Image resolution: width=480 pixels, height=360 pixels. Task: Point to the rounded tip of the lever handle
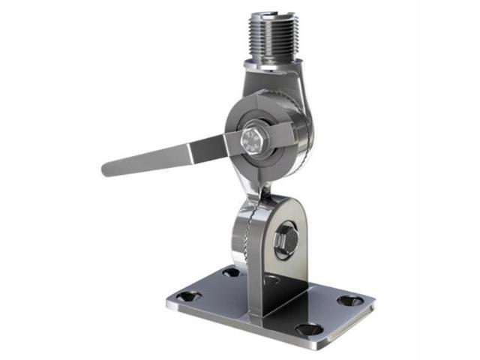coord(107,168)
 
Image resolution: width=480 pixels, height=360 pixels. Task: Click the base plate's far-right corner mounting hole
coord(349,300)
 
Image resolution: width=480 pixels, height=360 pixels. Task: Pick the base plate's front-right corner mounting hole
coord(309,328)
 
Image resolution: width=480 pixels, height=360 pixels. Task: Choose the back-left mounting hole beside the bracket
coord(231,272)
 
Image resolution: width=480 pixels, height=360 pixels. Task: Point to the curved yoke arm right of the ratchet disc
coord(303,135)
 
